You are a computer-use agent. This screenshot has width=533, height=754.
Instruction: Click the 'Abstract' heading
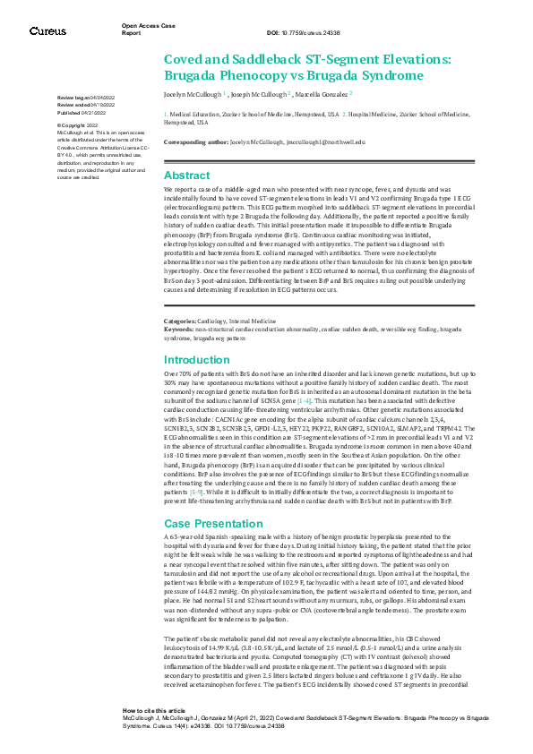(x=186, y=176)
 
